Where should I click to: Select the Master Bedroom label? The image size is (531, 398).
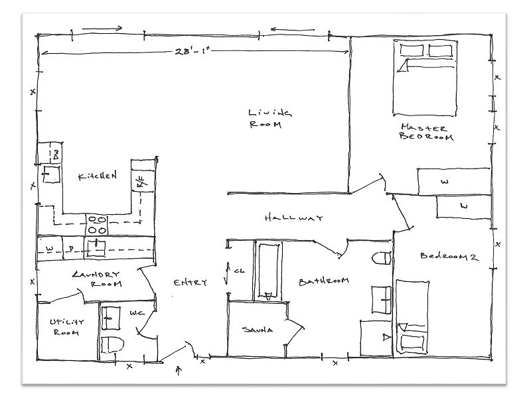(x=425, y=132)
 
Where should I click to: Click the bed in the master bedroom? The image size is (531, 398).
(x=425, y=76)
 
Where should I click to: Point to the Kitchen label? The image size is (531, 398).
(x=98, y=176)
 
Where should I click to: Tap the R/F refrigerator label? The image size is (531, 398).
(x=141, y=183)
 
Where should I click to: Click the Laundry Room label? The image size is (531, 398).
(x=98, y=279)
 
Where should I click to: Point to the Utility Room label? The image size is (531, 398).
(x=64, y=327)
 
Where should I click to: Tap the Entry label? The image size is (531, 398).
(x=190, y=283)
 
